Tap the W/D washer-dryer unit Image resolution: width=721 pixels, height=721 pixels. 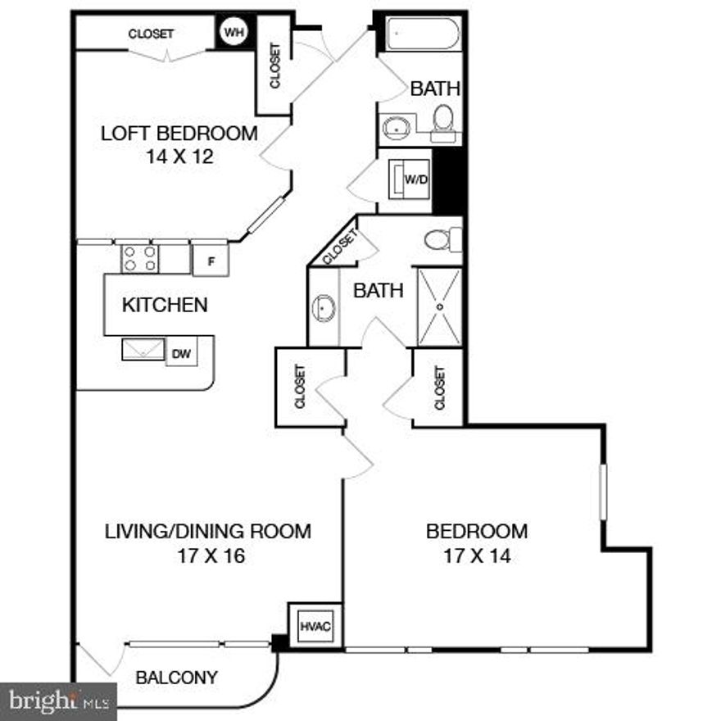412,180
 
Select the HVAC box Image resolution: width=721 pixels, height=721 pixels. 315,626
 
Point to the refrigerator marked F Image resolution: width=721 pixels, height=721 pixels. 211,261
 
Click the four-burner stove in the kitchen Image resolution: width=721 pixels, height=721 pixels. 139,259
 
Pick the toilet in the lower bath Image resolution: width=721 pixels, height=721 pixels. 442,240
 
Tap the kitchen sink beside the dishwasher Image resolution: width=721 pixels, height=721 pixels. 144,350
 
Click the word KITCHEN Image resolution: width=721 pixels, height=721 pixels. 165,306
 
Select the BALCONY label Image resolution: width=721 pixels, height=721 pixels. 177,678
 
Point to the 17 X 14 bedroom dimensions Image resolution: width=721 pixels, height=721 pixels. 477,557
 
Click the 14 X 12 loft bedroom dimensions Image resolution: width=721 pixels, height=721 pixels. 179,156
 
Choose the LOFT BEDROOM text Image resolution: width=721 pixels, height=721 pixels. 179,133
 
